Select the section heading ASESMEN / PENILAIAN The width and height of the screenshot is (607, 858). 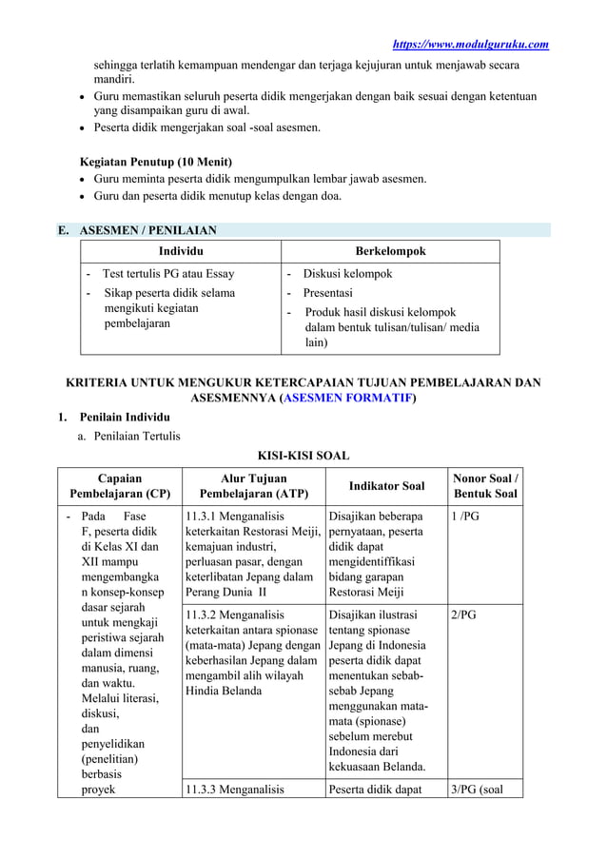click(x=147, y=230)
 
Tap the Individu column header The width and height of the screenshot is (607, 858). click(x=180, y=251)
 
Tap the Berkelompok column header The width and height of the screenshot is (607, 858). click(x=390, y=251)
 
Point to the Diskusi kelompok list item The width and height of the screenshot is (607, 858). click(x=346, y=274)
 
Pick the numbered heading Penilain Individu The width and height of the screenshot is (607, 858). click(x=125, y=418)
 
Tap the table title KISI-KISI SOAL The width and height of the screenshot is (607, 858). click(x=303, y=455)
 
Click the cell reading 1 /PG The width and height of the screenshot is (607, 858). click(x=469, y=517)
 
